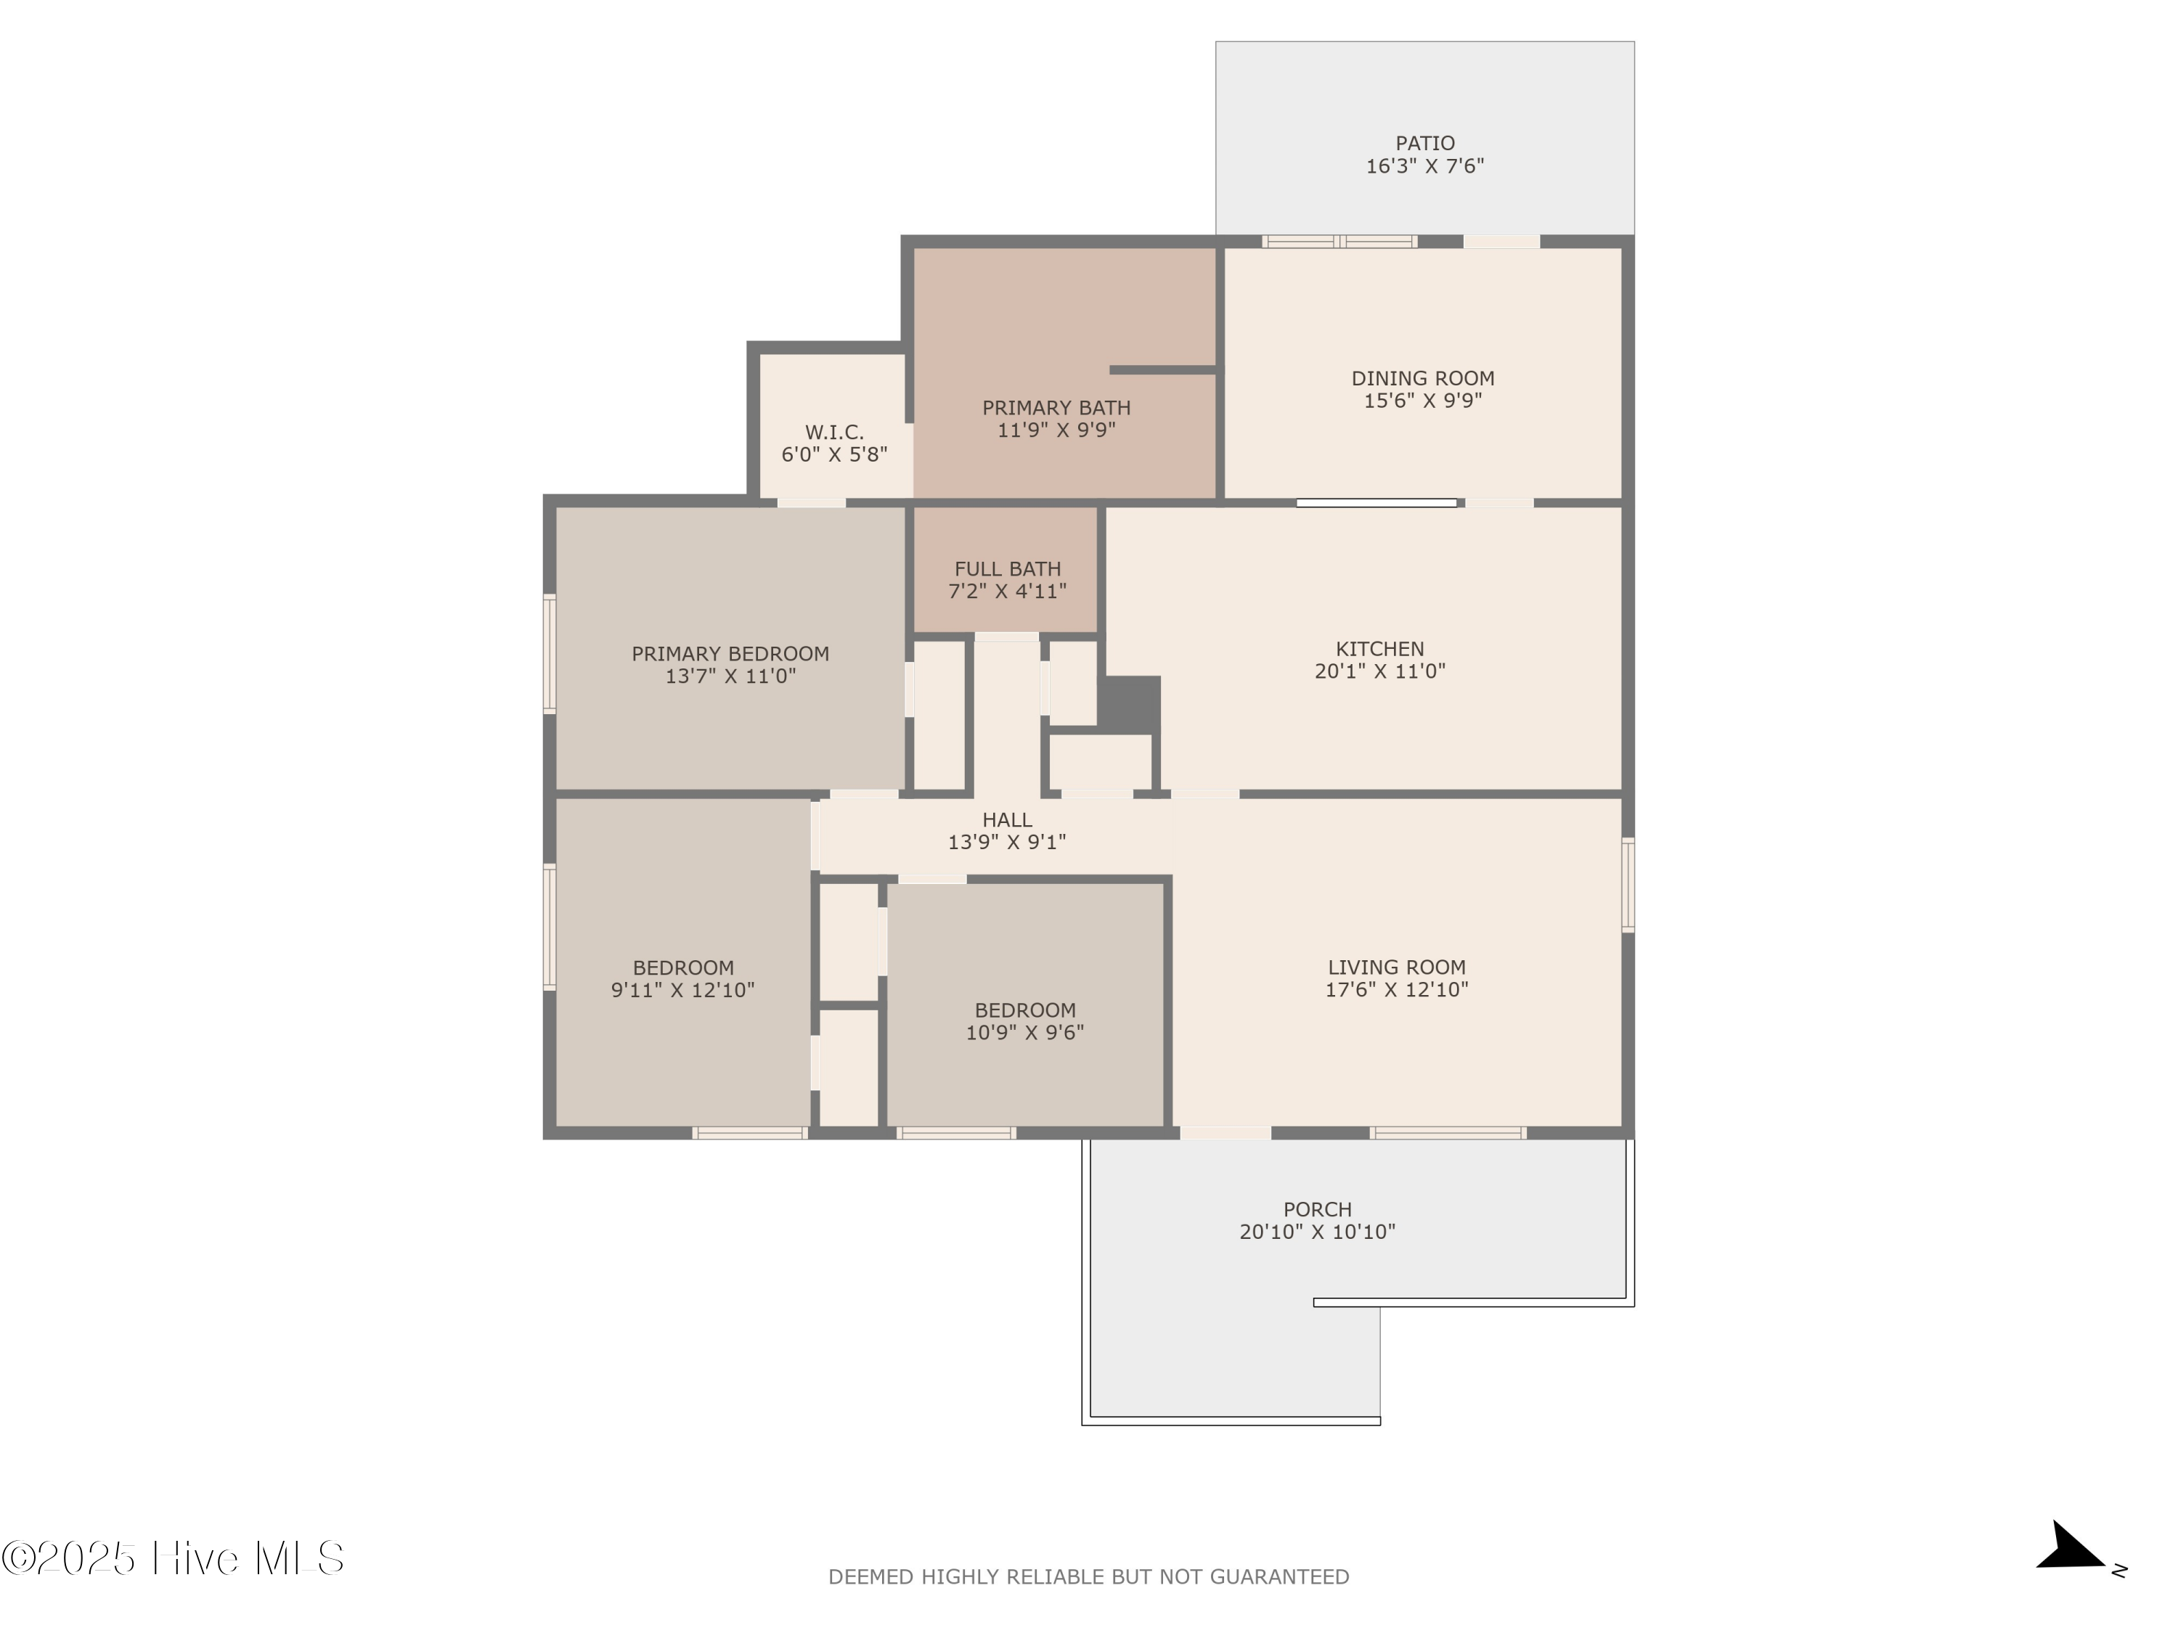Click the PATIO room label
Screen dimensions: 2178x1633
pos(1424,144)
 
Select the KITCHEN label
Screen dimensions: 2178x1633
pos(1379,649)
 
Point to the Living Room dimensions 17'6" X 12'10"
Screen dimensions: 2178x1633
pos(1396,989)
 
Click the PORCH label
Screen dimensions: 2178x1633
pos(1318,1208)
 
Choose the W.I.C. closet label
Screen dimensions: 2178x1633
pos(834,432)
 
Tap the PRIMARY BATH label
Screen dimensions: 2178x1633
pos(1056,407)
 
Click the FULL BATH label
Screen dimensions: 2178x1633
pos(1007,569)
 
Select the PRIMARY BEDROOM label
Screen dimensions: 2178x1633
pos(730,654)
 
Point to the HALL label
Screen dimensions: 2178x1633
pos(1007,820)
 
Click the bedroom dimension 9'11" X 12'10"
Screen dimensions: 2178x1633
pos(682,990)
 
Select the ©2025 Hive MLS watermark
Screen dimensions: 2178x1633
pos(172,1558)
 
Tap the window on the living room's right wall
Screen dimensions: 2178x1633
pos(1628,884)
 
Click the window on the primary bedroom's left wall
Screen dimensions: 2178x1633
pos(550,652)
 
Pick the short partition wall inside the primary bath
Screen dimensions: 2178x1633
pos(1163,370)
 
